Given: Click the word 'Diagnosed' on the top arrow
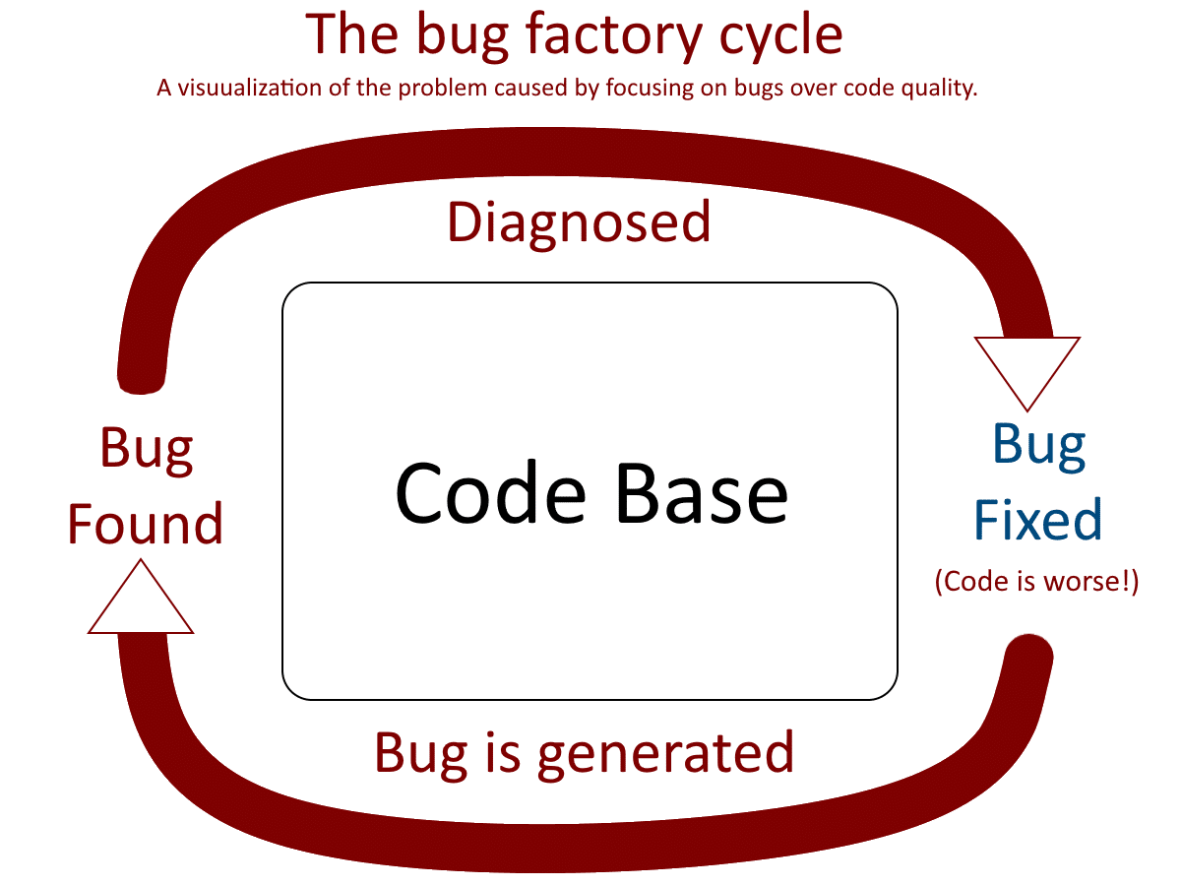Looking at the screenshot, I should point(579,223).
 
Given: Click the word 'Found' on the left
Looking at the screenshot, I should point(145,523).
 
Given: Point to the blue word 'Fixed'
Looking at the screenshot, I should point(1037,519).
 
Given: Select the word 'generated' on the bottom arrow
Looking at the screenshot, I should point(667,754).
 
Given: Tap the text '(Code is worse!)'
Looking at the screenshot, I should point(1036,582).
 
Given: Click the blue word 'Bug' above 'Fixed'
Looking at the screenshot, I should point(1039,445).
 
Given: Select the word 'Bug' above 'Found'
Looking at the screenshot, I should point(147,449).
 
